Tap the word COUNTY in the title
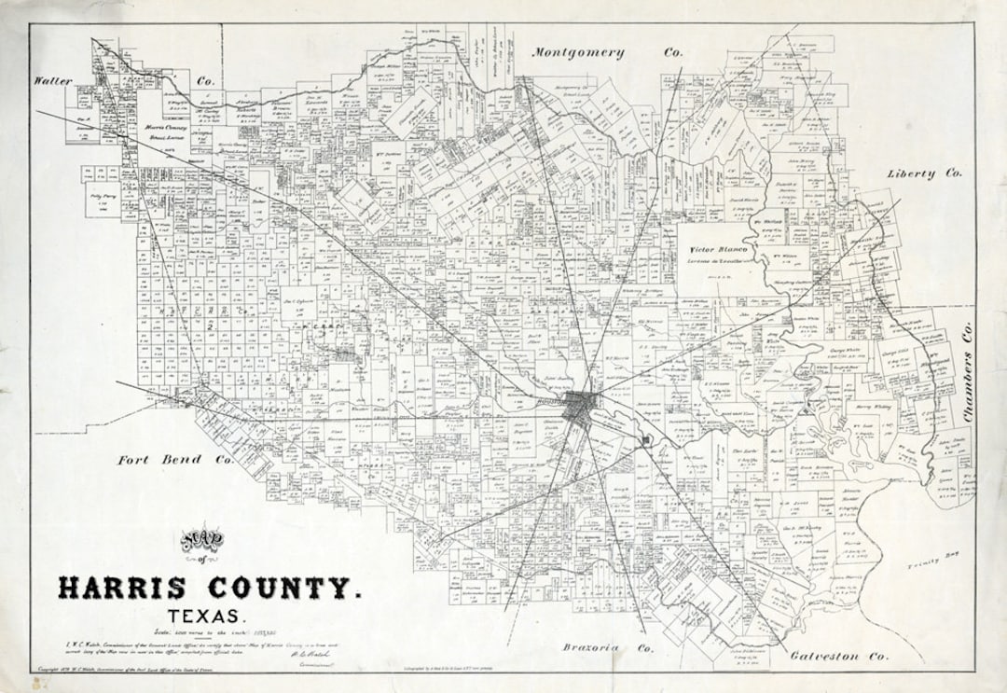[x=277, y=589]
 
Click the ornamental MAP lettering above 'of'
[x=208, y=538]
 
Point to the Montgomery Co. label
[x=607, y=53]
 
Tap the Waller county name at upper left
[x=53, y=81]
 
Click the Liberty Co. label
[x=924, y=173]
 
